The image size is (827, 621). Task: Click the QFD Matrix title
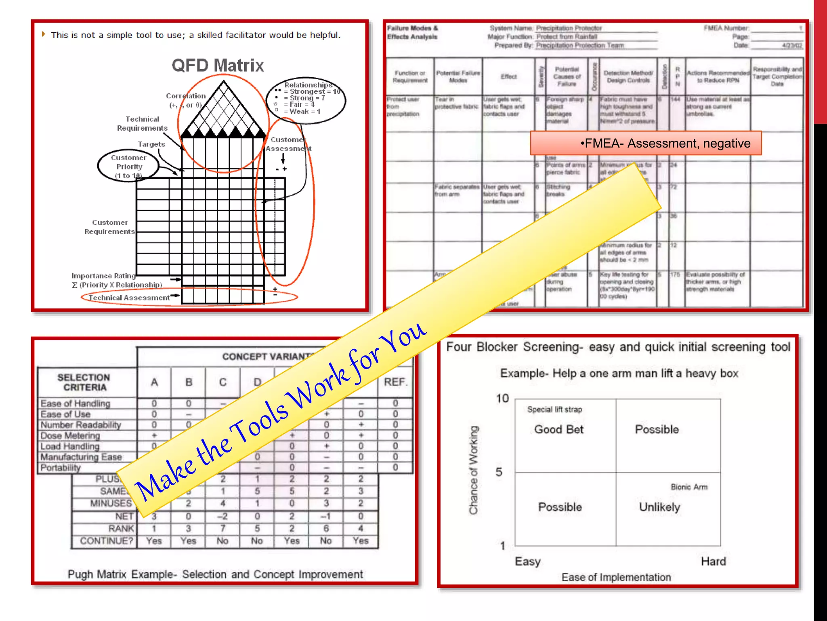(218, 65)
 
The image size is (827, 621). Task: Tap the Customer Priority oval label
(128, 166)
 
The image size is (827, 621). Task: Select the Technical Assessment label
(129, 298)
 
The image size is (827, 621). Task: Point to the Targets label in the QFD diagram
(151, 144)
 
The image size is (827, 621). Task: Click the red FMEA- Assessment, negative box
(646, 143)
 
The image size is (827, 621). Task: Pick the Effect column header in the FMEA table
(508, 76)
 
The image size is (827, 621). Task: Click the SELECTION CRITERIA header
(84, 382)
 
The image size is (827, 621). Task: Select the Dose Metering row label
(70, 436)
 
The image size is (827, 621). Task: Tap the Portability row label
(61, 468)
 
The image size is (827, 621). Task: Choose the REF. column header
(395, 382)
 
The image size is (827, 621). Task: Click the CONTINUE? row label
(106, 541)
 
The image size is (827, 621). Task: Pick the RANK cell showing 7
(222, 528)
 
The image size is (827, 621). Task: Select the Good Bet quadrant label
(559, 429)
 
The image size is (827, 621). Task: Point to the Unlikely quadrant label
(659, 507)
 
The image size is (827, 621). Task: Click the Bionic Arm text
(689, 487)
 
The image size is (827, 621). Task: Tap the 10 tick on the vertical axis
(502, 399)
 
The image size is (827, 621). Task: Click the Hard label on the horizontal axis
(713, 562)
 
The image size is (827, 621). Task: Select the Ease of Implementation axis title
(616, 577)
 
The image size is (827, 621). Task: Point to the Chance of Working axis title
(473, 470)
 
